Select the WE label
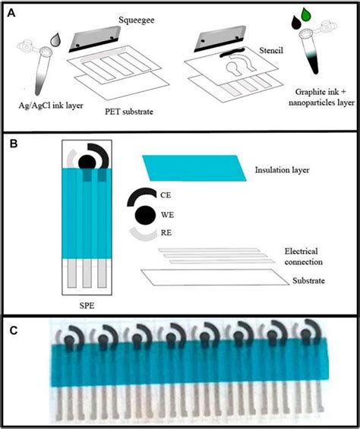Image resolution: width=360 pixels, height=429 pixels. click(167, 215)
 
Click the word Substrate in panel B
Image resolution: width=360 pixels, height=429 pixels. click(306, 282)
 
